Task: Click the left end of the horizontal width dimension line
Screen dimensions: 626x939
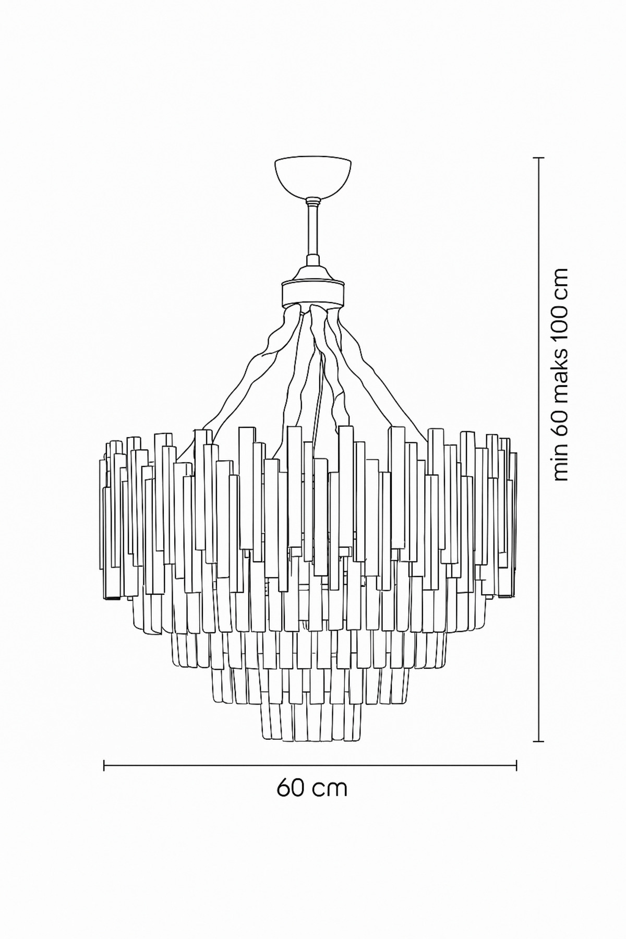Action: point(105,765)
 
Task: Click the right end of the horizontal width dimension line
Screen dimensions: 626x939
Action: point(516,765)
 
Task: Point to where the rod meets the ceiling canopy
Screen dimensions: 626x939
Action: point(313,199)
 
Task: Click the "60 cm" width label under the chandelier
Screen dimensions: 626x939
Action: point(312,802)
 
